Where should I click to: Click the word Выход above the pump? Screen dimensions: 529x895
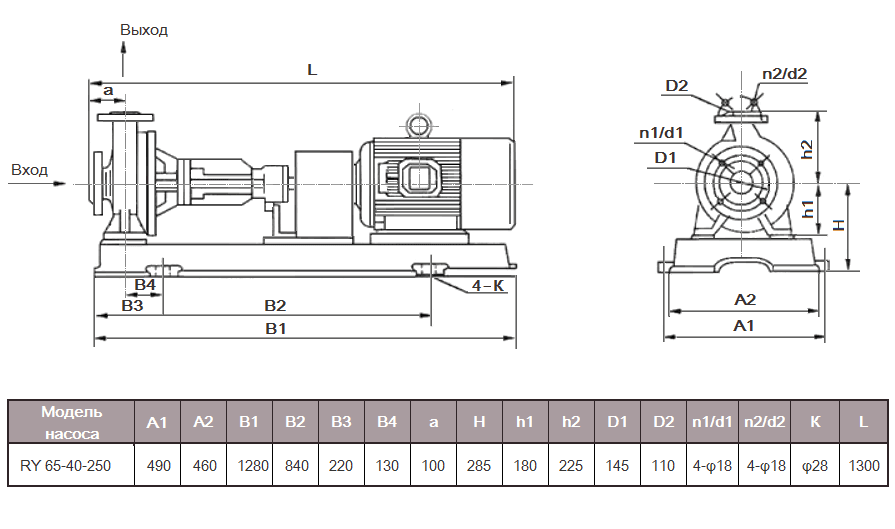click(144, 30)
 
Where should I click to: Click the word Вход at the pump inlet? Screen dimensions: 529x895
click(29, 170)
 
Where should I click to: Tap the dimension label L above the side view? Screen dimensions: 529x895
click(311, 71)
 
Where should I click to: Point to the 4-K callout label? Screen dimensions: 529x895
click(487, 286)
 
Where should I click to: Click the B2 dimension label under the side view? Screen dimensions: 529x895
click(275, 304)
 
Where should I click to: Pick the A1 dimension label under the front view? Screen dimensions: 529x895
click(744, 326)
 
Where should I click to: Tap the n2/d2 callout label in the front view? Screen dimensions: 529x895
click(784, 73)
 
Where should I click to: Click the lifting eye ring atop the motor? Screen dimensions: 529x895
click(416, 124)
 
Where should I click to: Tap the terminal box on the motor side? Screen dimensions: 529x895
click(416, 179)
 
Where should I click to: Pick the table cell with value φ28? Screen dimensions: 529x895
click(814, 465)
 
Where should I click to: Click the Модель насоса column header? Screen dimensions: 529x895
click(71, 422)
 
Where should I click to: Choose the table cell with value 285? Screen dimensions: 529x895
click(479, 465)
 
